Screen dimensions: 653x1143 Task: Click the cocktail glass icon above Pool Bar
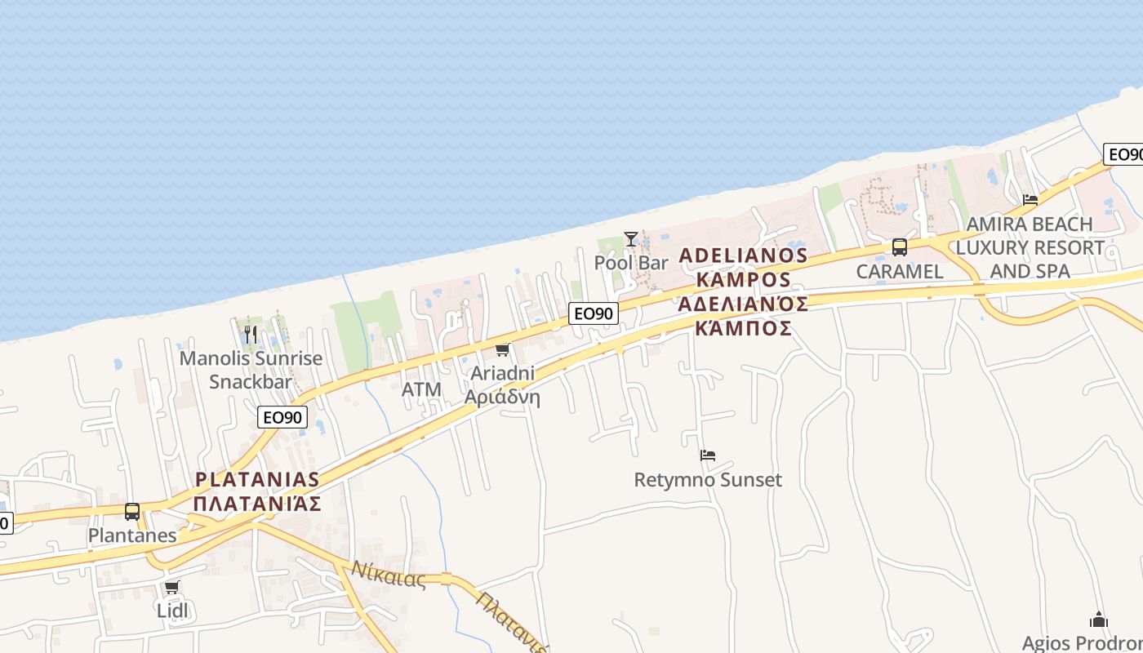631,238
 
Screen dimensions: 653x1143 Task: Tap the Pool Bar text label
631,263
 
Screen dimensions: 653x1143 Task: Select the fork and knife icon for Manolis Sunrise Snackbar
251,335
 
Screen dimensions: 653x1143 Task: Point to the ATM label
421,390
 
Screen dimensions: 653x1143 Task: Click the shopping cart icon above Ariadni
502,350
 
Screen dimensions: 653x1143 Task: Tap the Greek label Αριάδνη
502,398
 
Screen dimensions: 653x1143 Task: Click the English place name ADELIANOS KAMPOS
743,268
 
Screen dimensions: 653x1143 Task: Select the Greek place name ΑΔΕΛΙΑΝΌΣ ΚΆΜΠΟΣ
743,316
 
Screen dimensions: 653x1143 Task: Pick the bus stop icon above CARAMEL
899,247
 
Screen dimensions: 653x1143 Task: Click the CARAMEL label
899,271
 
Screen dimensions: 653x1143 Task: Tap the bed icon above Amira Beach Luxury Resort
1030,199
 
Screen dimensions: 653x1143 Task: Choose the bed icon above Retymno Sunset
708,455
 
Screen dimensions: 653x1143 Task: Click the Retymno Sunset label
708,480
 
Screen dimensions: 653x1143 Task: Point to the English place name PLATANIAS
257,479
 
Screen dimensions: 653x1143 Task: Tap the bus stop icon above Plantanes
132,512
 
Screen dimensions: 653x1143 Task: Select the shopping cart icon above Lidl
171,587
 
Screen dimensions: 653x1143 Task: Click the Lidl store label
171,611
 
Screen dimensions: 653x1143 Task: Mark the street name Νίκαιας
389,575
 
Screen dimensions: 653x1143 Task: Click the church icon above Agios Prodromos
1099,620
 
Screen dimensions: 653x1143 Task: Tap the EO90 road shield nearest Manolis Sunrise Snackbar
282,417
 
